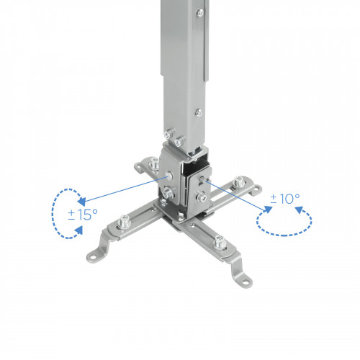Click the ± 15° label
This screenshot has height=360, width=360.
click(x=83, y=214)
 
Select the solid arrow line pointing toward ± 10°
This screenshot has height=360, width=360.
click(x=238, y=197)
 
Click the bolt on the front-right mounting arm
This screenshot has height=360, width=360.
click(x=223, y=242)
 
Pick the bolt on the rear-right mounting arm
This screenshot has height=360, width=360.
click(x=237, y=186)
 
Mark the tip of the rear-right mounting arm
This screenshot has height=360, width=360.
click(x=256, y=189)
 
